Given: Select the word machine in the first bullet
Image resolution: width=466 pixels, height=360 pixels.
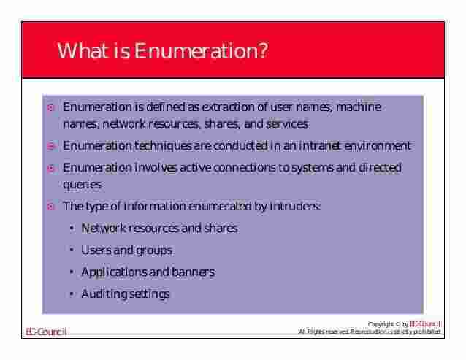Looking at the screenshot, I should pos(361,107).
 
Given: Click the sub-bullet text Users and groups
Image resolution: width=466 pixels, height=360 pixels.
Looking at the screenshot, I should pos(126,250).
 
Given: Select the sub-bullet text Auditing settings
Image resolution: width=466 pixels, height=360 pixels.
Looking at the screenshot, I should pos(125,294).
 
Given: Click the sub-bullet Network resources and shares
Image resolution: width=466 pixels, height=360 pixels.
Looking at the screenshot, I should pos(159,228).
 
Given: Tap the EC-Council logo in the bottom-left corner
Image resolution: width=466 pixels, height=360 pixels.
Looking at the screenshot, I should pos(46,332).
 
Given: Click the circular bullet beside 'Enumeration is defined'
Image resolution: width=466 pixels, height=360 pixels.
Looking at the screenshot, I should pos(50,108).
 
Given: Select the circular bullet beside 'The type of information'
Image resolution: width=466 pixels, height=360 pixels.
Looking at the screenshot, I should pos(50,207).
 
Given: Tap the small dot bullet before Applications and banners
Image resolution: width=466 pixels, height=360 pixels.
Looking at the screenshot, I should pos(72,272).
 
